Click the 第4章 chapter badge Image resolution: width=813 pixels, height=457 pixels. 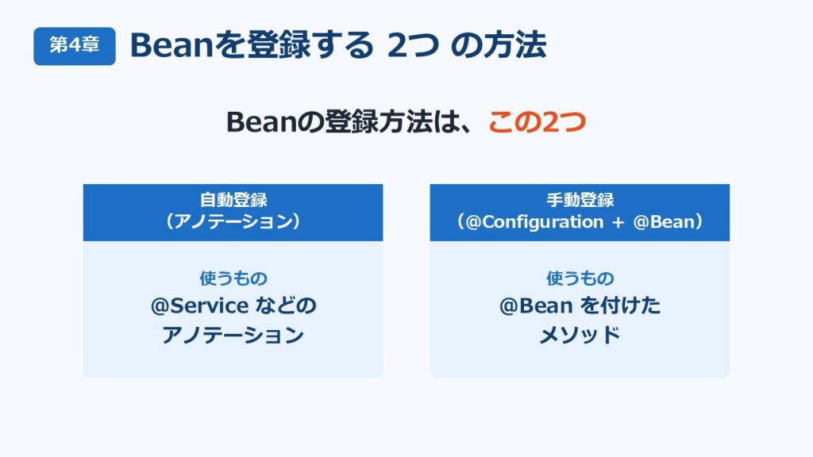click(75, 46)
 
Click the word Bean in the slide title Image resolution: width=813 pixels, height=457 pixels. click(172, 45)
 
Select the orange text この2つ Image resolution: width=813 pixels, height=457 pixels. click(538, 122)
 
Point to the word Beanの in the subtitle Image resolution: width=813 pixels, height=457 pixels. click(275, 122)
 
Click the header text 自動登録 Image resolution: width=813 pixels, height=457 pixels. click(233, 200)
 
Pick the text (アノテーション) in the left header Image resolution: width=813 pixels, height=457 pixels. click(233, 222)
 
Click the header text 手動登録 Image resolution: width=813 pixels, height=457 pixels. click(580, 200)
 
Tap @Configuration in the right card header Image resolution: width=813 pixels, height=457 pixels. click(534, 222)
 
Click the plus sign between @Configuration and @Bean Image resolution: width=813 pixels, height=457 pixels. click(618, 223)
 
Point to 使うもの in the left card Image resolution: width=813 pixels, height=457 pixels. click(233, 278)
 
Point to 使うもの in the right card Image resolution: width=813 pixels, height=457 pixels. click(580, 278)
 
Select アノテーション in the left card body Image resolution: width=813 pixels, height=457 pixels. click(233, 335)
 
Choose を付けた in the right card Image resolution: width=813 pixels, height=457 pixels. click(620, 305)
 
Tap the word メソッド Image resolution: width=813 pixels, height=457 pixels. click(580, 335)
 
